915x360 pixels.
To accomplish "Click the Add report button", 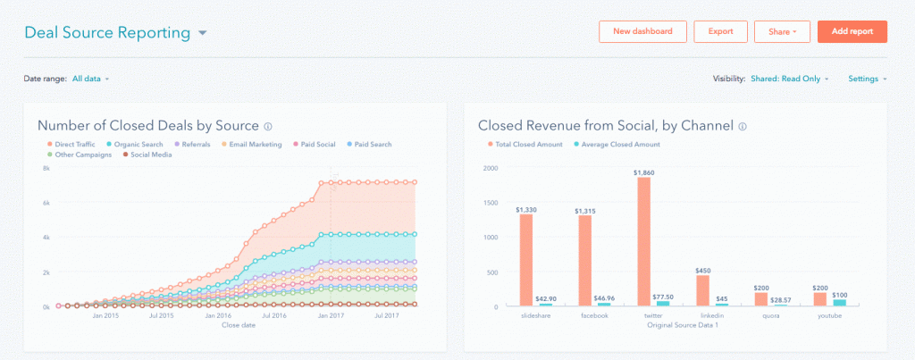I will (852, 31).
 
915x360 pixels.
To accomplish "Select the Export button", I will (720, 31).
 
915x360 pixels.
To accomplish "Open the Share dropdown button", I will (781, 31).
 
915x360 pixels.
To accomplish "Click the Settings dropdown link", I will (867, 79).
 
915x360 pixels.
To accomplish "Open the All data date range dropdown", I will (90, 79).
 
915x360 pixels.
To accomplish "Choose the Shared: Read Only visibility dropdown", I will (790, 79).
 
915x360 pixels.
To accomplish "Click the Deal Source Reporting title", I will (107, 33).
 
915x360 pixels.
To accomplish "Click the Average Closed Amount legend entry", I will (617, 144).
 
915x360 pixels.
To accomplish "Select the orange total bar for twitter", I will (643, 241).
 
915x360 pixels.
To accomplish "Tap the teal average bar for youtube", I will (840, 302).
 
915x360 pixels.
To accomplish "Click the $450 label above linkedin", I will (702, 269).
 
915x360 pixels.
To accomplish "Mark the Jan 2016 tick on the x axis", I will (218, 315).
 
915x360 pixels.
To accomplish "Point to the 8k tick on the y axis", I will (45, 168).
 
